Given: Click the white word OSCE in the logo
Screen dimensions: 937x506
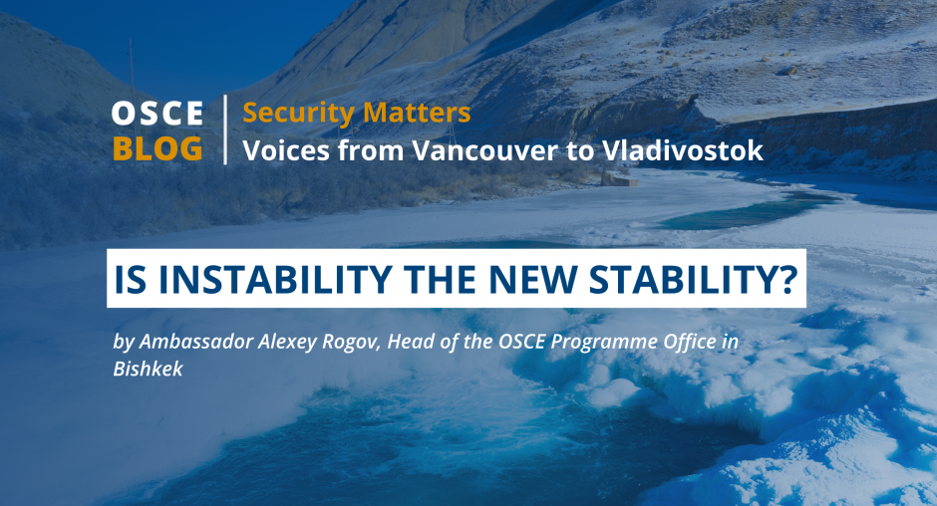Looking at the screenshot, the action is tap(157, 113).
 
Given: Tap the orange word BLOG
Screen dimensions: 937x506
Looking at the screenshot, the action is tap(157, 148).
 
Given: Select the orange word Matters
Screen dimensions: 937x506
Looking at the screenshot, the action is tap(417, 113).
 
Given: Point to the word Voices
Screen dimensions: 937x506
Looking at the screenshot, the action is tap(286, 150).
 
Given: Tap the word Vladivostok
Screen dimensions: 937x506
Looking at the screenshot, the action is tap(683, 150).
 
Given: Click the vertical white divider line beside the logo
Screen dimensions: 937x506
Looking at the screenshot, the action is tap(225, 129).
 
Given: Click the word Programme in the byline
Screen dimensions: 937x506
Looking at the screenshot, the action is tap(605, 343).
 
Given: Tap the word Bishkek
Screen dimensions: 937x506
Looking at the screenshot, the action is tap(149, 369).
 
